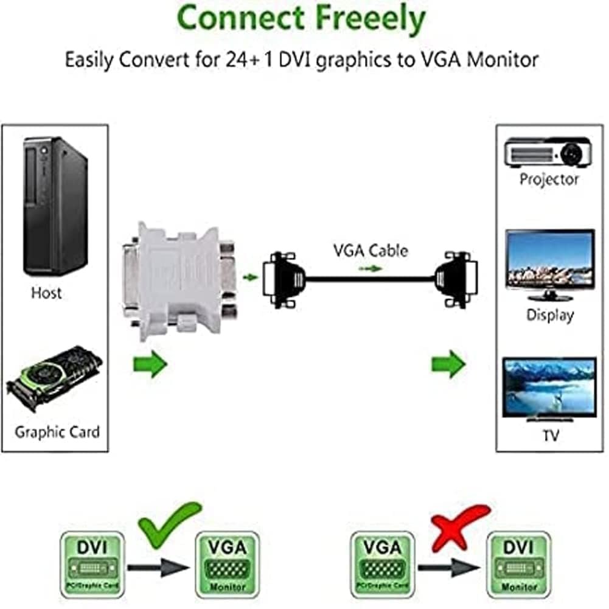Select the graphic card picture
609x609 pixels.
click(x=54, y=378)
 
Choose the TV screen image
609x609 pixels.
click(x=549, y=388)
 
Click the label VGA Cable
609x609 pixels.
click(x=370, y=250)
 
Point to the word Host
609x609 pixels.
click(x=46, y=293)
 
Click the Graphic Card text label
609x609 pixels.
click(x=57, y=433)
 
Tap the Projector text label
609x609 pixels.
click(x=549, y=179)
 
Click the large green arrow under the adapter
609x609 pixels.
click(x=150, y=365)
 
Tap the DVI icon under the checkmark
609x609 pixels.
click(x=92, y=563)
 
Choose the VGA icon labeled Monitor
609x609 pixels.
click(x=228, y=563)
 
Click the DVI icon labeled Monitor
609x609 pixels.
click(x=518, y=563)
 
